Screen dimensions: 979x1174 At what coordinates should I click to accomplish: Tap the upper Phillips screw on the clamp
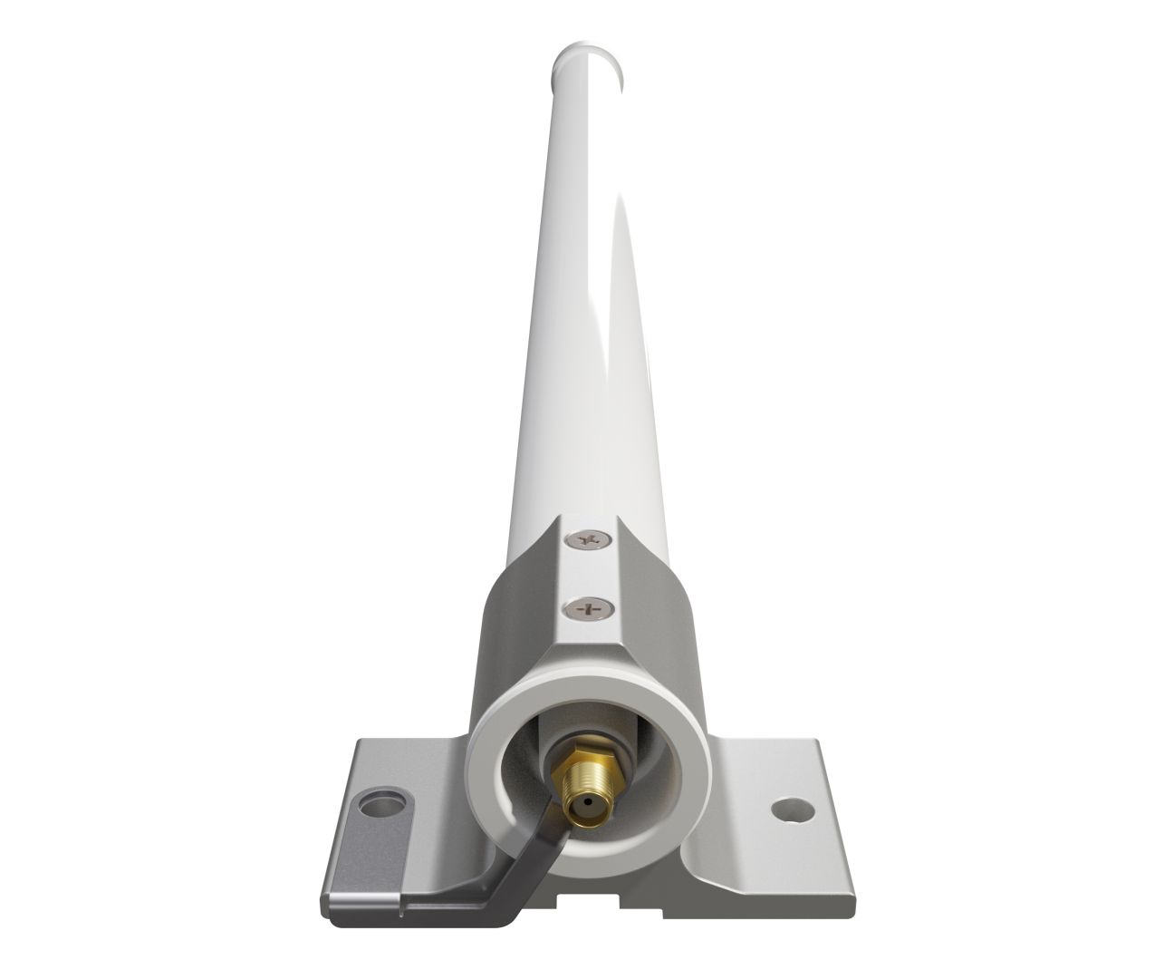click(x=590, y=541)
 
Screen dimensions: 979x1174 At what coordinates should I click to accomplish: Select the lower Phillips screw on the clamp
click(x=589, y=608)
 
